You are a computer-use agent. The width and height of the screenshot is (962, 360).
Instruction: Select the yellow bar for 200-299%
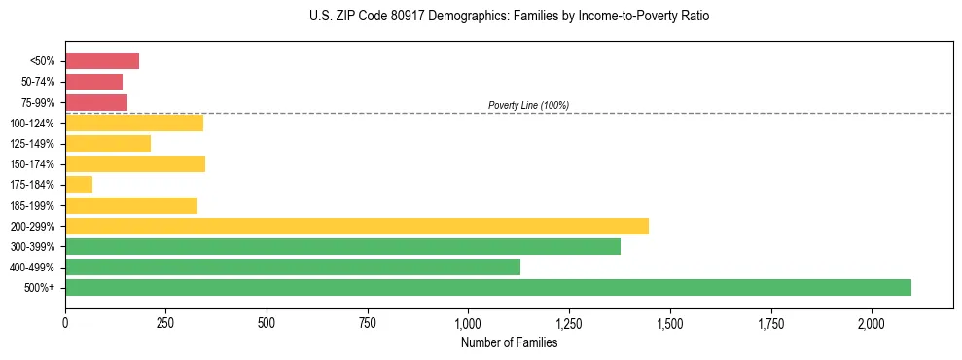tap(357, 226)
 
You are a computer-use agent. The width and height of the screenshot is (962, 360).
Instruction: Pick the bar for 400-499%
tap(293, 267)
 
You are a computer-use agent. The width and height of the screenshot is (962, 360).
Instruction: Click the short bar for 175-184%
tap(79, 184)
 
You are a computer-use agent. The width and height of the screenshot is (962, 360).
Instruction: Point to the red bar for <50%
tap(102, 60)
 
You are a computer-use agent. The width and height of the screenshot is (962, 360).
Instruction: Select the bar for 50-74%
tap(93, 82)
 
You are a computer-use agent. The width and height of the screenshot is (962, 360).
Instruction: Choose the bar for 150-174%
tap(135, 163)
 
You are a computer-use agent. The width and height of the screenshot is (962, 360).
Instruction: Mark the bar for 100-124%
tap(134, 123)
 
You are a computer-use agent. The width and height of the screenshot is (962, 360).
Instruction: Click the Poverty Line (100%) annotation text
tap(528, 105)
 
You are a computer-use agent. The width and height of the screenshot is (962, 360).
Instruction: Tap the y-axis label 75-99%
tap(38, 102)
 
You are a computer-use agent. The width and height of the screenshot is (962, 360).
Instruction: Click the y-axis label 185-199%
tap(34, 205)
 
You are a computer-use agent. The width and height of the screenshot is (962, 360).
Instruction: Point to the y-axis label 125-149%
tap(34, 143)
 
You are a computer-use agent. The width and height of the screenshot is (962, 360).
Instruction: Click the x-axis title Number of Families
tap(509, 342)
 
